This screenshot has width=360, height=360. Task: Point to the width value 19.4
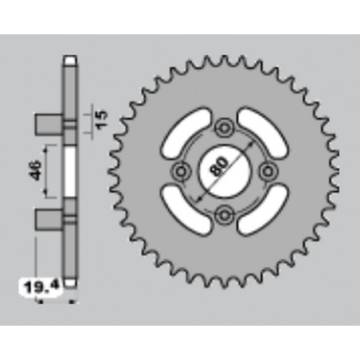coord(30,283)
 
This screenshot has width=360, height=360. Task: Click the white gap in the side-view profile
coord(71,170)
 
